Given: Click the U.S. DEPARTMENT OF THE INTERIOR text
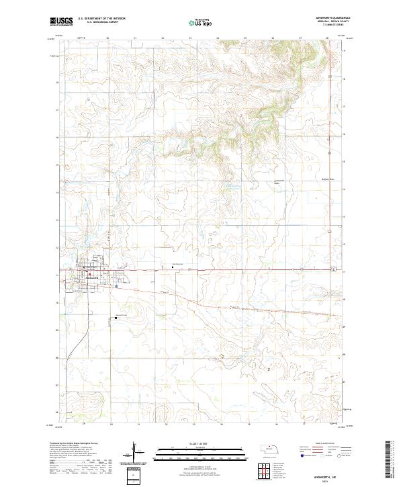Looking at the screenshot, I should (x=101, y=19).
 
